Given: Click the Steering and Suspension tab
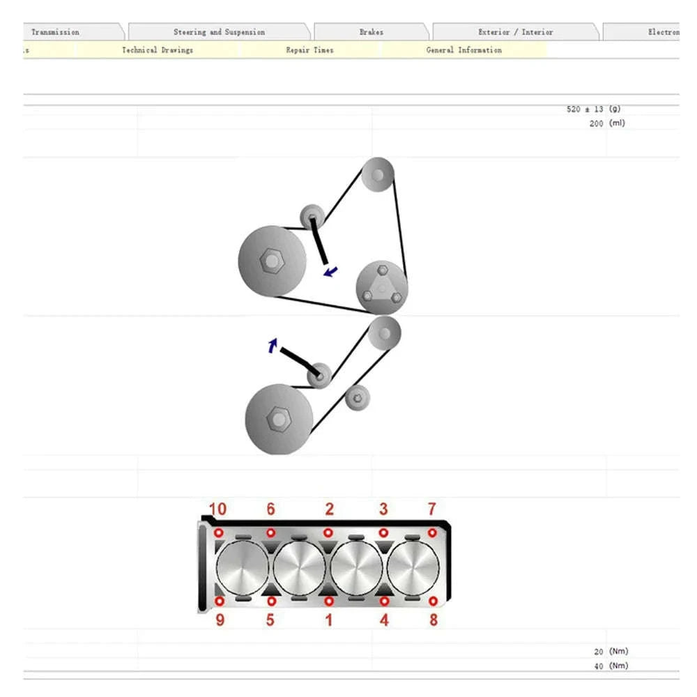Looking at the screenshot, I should [x=219, y=32].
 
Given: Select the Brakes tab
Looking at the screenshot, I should [x=371, y=32].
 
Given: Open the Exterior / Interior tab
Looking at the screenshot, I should [x=515, y=32].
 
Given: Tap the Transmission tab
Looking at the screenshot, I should [x=55, y=32].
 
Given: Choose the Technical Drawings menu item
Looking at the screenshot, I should [x=158, y=50].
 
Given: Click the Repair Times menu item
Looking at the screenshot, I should [x=309, y=50].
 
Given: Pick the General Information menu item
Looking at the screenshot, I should [x=464, y=50].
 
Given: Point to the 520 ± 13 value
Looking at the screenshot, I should [x=585, y=109].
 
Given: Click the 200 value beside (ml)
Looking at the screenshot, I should [x=596, y=123].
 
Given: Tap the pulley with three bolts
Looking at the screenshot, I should [x=381, y=286].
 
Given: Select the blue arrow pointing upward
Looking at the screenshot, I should [x=273, y=344].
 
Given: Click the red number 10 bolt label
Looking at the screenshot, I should [x=217, y=510].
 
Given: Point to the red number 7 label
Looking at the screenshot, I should [x=431, y=510].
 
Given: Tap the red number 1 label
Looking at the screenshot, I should [x=328, y=619].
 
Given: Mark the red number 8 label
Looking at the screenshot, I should [x=433, y=619].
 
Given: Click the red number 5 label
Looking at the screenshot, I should [x=270, y=619].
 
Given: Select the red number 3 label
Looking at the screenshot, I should [x=383, y=510].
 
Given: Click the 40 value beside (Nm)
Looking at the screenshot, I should [x=598, y=666].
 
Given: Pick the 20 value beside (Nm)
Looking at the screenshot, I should [x=598, y=652].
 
